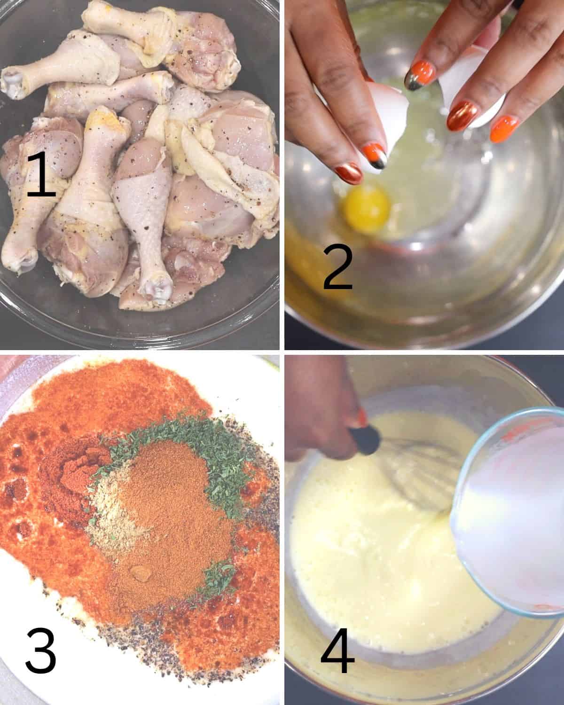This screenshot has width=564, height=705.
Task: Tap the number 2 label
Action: point(338,267)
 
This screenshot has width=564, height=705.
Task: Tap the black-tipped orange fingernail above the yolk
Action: point(377,155)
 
